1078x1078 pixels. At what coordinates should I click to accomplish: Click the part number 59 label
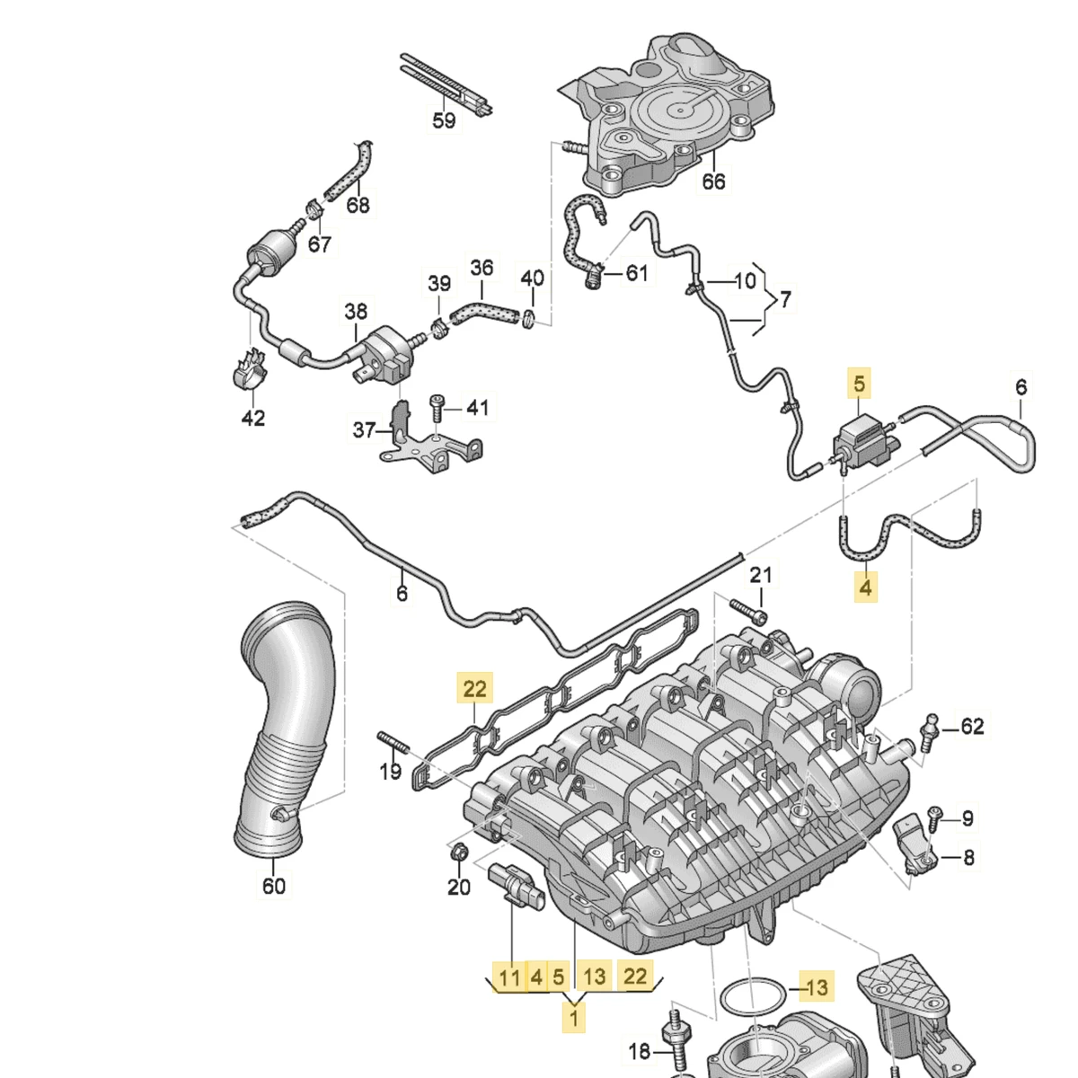pyautogui.click(x=444, y=119)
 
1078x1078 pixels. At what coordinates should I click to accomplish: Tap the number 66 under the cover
pyautogui.click(x=713, y=181)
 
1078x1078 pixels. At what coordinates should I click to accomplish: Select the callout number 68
pyautogui.click(x=358, y=205)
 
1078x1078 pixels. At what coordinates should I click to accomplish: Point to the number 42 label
pyautogui.click(x=253, y=418)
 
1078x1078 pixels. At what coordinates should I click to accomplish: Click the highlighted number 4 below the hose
pyautogui.click(x=865, y=588)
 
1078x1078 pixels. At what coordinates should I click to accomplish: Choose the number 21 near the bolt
pyautogui.click(x=761, y=575)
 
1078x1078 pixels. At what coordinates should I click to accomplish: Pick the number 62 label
pyautogui.click(x=973, y=726)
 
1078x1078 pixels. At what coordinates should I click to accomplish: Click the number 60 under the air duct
pyautogui.click(x=273, y=886)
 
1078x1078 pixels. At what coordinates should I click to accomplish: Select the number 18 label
pyautogui.click(x=640, y=1052)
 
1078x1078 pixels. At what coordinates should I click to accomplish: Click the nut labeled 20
pyautogui.click(x=458, y=853)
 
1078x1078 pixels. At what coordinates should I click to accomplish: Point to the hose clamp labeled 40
pyautogui.click(x=529, y=317)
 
